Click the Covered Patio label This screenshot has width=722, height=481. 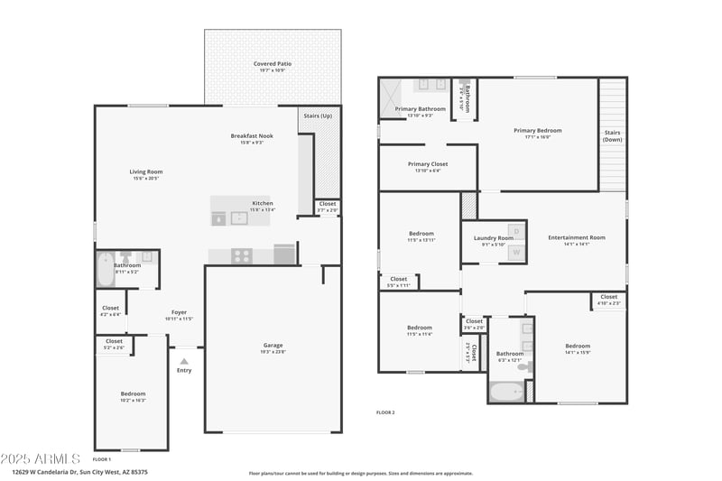click(x=272, y=64)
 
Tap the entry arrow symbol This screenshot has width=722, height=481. click(x=184, y=361)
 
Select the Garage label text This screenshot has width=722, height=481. click(x=273, y=346)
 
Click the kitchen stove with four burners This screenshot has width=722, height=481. click(x=241, y=255)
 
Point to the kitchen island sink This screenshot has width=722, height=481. click(x=239, y=217)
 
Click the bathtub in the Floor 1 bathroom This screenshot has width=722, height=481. click(x=105, y=269)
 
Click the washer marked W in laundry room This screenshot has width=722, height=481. click(x=515, y=253)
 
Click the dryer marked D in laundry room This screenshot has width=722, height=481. click(x=515, y=231)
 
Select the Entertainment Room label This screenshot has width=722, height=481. click(x=576, y=237)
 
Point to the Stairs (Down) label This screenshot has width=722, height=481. click(x=613, y=135)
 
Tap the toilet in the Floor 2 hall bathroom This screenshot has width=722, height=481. click(x=530, y=366)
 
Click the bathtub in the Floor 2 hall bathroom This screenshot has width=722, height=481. click(x=504, y=393)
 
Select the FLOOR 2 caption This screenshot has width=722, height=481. click(x=385, y=412)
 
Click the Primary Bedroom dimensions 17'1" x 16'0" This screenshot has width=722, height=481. click(x=537, y=137)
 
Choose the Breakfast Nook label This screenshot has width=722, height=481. click(x=251, y=136)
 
